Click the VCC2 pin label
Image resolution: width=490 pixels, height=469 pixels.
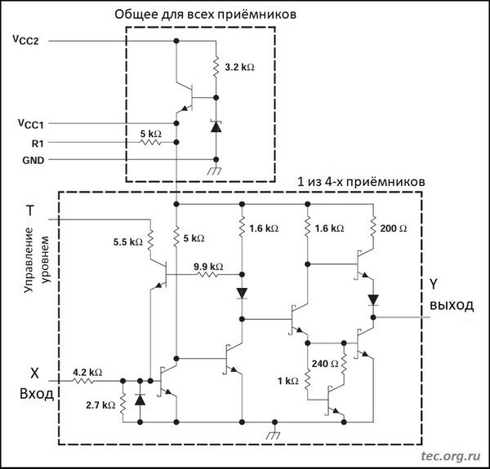(25, 40)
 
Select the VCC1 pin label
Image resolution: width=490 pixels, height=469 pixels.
(31, 123)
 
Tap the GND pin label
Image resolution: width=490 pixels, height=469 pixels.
(33, 161)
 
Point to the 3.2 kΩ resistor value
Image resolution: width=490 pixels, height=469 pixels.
(239, 67)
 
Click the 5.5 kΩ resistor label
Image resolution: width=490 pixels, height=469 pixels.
(128, 241)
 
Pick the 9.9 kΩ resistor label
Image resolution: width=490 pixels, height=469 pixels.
(208, 267)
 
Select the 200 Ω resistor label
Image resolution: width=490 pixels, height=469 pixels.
(394, 228)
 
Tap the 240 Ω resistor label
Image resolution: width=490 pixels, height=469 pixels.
(325, 364)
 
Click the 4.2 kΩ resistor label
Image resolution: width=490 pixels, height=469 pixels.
(87, 372)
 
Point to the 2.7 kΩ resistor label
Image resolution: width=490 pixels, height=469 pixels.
(100, 405)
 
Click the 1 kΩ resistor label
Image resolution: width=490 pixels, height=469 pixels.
(288, 381)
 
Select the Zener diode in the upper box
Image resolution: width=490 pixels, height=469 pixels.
(216, 126)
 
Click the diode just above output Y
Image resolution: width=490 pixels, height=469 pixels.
(373, 300)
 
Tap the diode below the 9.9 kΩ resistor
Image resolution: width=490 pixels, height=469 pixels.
(242, 294)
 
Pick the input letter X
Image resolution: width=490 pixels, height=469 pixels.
(34, 373)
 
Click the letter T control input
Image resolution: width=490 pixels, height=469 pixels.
(30, 210)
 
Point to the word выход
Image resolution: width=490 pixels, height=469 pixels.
(452, 306)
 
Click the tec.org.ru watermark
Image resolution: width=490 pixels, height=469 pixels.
(451, 456)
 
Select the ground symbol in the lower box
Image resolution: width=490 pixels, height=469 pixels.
(274, 431)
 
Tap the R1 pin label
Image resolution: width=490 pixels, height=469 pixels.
(38, 144)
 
